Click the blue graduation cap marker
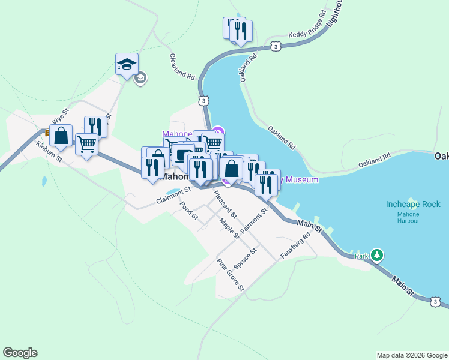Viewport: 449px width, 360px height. [x=127, y=64]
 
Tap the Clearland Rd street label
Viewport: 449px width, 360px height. [x=183, y=67]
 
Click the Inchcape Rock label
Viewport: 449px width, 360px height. [x=414, y=205]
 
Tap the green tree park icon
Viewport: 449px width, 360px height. [x=377, y=255]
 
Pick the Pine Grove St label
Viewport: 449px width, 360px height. [x=231, y=275]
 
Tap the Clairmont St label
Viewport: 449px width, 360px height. [x=173, y=196]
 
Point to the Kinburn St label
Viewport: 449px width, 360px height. [x=49, y=152]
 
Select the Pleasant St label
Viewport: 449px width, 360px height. [x=225, y=204]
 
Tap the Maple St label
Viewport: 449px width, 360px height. [x=229, y=228]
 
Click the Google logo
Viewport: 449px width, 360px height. [x=20, y=353]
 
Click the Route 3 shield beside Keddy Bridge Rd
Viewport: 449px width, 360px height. [x=274, y=46]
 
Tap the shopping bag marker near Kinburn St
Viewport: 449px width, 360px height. [x=61, y=136]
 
